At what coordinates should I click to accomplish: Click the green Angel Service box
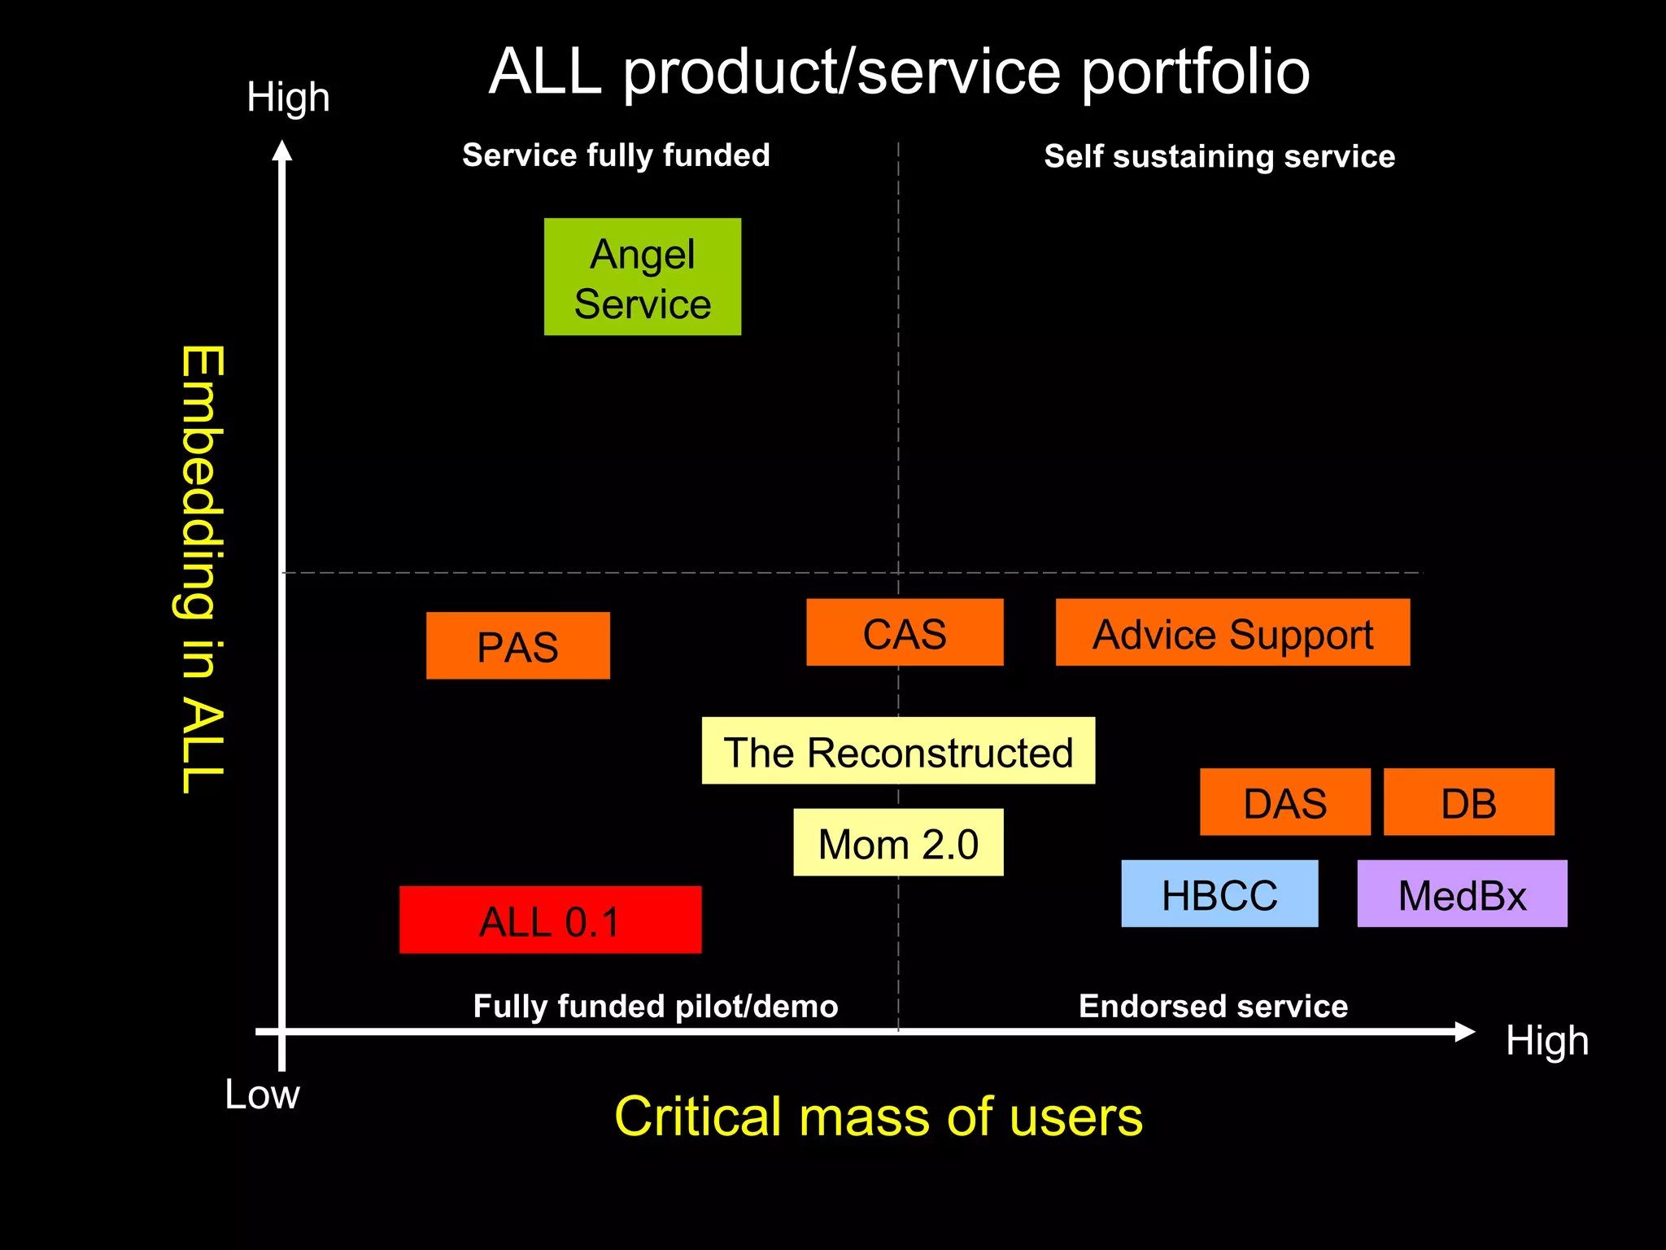pyautogui.click(x=642, y=277)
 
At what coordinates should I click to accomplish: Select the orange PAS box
pyautogui.click(x=517, y=645)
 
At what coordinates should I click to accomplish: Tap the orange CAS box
pyautogui.click(x=905, y=632)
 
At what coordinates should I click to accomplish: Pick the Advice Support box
pyautogui.click(x=1232, y=632)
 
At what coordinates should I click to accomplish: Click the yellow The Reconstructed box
pyautogui.click(x=898, y=750)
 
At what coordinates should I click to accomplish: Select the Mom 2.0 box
pyautogui.click(x=898, y=842)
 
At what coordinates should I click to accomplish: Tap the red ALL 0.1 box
pyautogui.click(x=550, y=920)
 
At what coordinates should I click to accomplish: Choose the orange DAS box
pyautogui.click(x=1284, y=802)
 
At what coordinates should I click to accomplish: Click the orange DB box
pyautogui.click(x=1468, y=802)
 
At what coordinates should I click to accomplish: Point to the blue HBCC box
pyautogui.click(x=1219, y=894)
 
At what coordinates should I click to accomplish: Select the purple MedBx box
pyautogui.click(x=1462, y=894)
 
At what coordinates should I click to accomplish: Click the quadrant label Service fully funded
pyautogui.click(x=616, y=155)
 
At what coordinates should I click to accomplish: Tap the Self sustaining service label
pyautogui.click(x=1219, y=156)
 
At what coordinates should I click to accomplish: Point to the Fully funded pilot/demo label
pyautogui.click(x=656, y=1007)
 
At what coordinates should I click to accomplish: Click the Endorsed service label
pyautogui.click(x=1213, y=1007)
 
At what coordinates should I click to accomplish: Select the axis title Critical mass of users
pyautogui.click(x=879, y=1117)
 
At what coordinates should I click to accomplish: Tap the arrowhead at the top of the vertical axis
pyautogui.click(x=281, y=151)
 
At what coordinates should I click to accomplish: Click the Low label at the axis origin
pyautogui.click(x=262, y=1095)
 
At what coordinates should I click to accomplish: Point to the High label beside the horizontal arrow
pyautogui.click(x=1546, y=1040)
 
